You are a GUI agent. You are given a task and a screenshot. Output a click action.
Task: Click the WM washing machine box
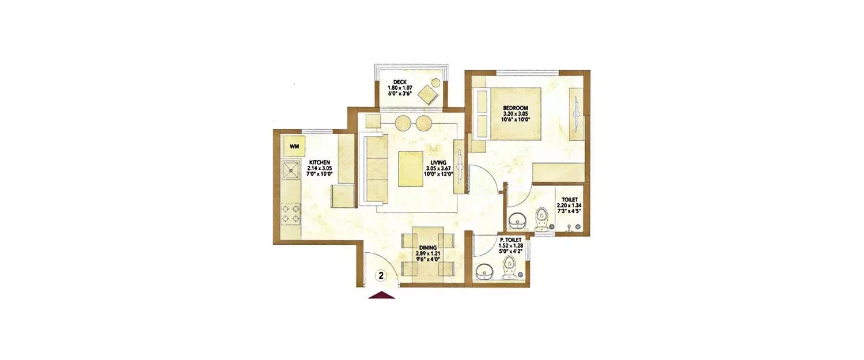(294, 146)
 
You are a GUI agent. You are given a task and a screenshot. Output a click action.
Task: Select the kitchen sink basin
(290, 170)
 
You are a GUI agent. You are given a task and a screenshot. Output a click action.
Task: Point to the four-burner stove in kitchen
(290, 214)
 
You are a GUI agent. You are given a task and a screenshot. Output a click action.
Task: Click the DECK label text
(400, 82)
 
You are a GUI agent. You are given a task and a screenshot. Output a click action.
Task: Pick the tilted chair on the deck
(429, 93)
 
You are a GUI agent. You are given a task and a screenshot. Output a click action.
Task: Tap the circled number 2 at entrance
(381, 276)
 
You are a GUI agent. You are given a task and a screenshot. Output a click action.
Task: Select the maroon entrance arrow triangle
(381, 295)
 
